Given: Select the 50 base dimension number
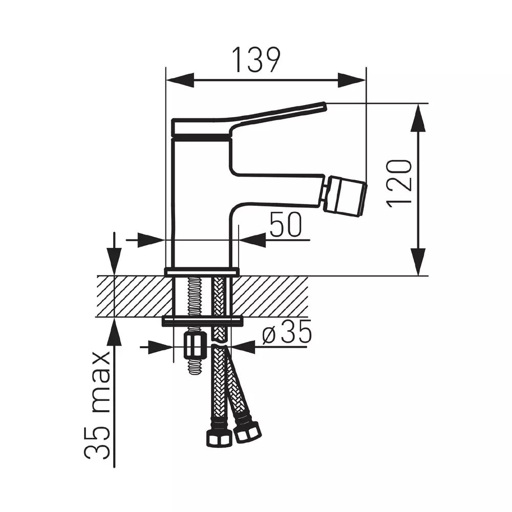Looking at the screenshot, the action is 286,224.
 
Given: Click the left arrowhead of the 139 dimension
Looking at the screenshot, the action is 180,80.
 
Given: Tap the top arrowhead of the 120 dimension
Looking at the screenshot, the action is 418,118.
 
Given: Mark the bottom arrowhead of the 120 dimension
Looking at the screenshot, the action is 418,262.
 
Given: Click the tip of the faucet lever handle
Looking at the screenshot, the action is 324,106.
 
